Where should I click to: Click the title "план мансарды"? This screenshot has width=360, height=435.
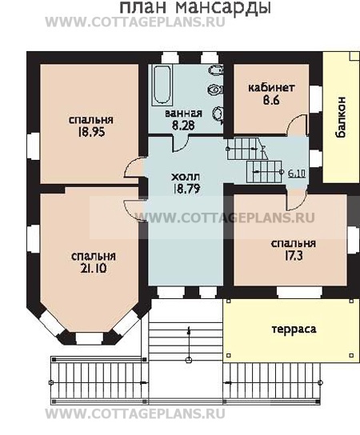point(195,8)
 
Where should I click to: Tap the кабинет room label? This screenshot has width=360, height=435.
point(271,87)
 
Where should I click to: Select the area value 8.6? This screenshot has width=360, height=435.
point(271,100)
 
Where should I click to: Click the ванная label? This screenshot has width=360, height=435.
point(183,114)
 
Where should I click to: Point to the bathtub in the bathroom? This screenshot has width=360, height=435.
point(162,85)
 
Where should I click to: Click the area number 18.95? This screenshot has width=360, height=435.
point(91,132)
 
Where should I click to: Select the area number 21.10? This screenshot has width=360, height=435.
point(94,268)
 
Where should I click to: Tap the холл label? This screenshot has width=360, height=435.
point(186,177)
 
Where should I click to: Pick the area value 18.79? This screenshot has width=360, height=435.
point(186,189)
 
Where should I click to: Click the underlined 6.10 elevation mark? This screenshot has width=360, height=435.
point(297,174)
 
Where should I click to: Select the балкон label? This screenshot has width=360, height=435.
point(341,117)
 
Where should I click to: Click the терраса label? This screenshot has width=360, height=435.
point(294,329)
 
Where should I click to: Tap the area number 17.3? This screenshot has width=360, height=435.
point(293,256)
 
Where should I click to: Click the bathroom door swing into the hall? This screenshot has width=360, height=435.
point(181,144)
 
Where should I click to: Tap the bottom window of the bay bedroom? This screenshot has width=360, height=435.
point(90,339)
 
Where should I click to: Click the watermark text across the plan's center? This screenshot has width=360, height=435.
point(226,217)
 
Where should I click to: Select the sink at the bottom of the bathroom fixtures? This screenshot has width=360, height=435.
point(218,114)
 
